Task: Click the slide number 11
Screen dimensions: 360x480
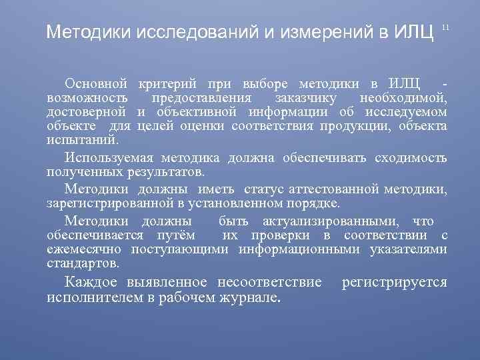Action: [447, 27]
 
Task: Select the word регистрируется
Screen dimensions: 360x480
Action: [394, 282]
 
